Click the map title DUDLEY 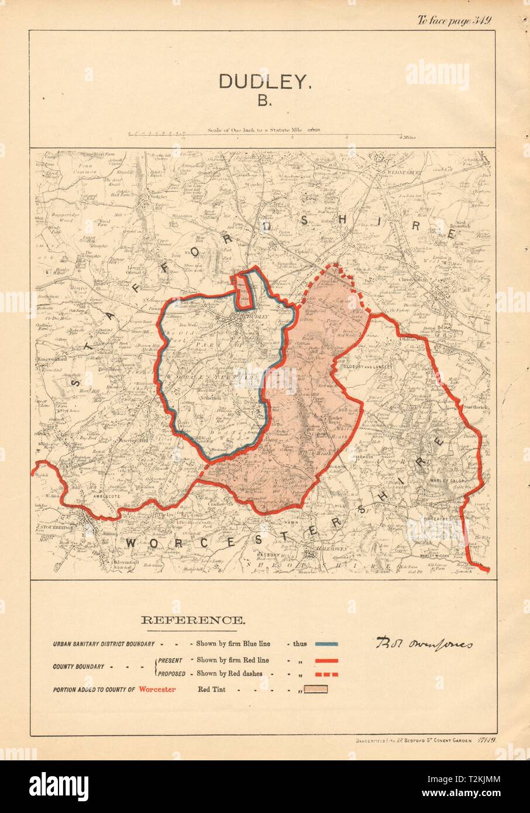[263, 81]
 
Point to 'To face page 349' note [453, 19]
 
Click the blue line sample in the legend [326, 644]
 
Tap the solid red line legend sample [326, 660]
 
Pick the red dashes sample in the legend [326, 674]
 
